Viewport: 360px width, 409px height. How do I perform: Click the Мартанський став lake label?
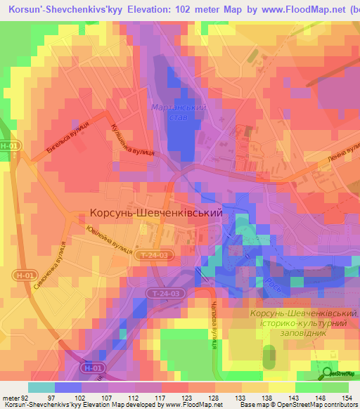tap(179, 112)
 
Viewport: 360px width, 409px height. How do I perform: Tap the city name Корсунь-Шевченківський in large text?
tap(156, 212)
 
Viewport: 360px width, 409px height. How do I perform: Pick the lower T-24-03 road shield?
tap(167, 293)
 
